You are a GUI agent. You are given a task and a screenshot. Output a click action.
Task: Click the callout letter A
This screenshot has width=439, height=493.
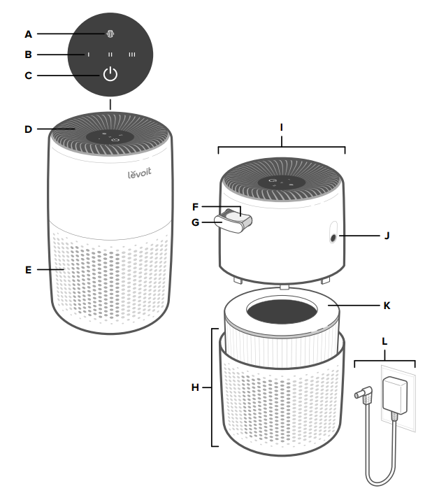point(28,33)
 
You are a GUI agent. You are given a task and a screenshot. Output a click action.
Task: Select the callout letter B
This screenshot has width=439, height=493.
point(28,54)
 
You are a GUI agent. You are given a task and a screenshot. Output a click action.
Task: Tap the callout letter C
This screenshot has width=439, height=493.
point(28,76)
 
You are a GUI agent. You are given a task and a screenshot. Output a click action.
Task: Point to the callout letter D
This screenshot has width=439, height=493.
point(28,129)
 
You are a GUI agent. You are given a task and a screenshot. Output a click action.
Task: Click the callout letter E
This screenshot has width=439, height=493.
point(28,269)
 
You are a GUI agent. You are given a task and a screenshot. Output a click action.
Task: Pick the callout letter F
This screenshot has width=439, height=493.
point(196,207)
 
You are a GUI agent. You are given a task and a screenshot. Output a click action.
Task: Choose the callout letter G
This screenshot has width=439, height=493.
point(196,222)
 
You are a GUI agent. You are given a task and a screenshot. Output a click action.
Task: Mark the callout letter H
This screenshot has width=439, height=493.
point(197,386)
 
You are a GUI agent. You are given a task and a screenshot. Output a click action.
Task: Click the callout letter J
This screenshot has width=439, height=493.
point(386,236)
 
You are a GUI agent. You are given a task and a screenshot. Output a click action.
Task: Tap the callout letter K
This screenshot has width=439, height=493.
point(386,306)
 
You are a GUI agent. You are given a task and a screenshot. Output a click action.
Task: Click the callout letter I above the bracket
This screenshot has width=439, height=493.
point(281,128)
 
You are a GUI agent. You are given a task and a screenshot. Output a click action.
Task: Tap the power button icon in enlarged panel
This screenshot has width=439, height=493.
point(110,75)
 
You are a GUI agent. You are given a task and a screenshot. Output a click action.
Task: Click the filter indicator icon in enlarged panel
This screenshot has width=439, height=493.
point(110,33)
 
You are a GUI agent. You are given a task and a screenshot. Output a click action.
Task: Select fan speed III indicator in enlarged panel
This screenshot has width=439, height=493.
point(131,54)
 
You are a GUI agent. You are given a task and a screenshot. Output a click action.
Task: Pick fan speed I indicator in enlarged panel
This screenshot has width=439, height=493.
point(89,54)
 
